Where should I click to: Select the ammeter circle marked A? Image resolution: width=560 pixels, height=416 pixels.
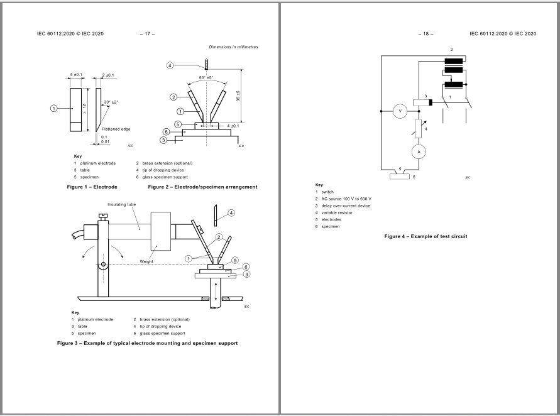click(415, 151)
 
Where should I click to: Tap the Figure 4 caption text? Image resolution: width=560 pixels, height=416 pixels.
click(425, 236)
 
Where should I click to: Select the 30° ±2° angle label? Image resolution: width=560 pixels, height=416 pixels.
click(112, 102)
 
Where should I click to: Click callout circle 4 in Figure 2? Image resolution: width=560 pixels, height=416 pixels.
click(170, 65)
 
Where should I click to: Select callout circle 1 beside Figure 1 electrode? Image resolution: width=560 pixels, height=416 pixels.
click(54, 108)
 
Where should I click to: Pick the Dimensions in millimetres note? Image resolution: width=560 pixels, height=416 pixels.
click(233, 47)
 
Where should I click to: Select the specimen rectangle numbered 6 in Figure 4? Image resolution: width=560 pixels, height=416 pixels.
click(400, 177)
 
